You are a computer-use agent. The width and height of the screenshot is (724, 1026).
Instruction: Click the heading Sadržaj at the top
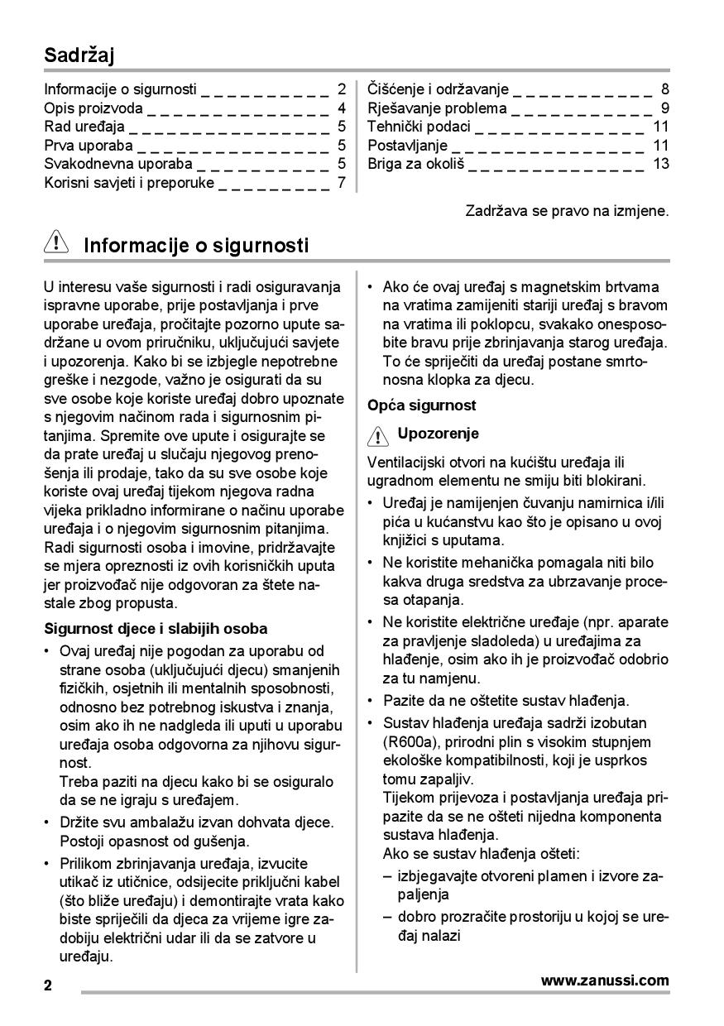(79, 55)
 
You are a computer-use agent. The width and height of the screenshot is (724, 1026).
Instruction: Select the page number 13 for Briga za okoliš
(660, 164)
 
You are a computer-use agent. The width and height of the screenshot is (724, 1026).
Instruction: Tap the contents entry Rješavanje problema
(437, 108)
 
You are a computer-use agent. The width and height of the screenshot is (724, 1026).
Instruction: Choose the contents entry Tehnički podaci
(419, 127)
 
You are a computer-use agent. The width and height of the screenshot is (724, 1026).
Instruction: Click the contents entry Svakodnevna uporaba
(117, 164)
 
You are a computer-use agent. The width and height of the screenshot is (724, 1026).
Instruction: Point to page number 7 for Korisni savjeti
(341, 183)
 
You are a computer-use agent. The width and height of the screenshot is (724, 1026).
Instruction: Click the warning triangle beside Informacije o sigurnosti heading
(55, 245)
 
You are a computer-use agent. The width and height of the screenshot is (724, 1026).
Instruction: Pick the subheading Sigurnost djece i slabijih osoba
(156, 629)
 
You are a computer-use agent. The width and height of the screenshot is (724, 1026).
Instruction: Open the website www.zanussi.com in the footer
(605, 980)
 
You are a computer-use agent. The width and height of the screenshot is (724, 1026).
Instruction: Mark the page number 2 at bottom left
(48, 985)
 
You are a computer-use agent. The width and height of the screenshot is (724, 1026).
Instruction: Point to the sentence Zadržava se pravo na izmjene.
(567, 211)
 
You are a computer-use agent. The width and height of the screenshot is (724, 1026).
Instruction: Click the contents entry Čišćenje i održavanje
(438, 89)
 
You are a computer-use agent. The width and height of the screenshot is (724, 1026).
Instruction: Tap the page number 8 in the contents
(665, 89)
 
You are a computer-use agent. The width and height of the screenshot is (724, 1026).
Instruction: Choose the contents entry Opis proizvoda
(93, 108)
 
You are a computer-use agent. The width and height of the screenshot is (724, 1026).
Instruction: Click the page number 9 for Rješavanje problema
(665, 108)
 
